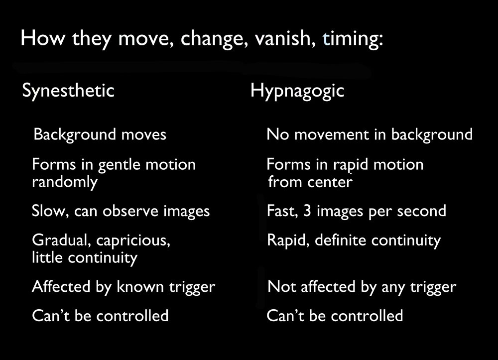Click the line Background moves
(100, 134)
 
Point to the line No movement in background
(370, 134)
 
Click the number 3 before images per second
(307, 211)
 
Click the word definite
(341, 240)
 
